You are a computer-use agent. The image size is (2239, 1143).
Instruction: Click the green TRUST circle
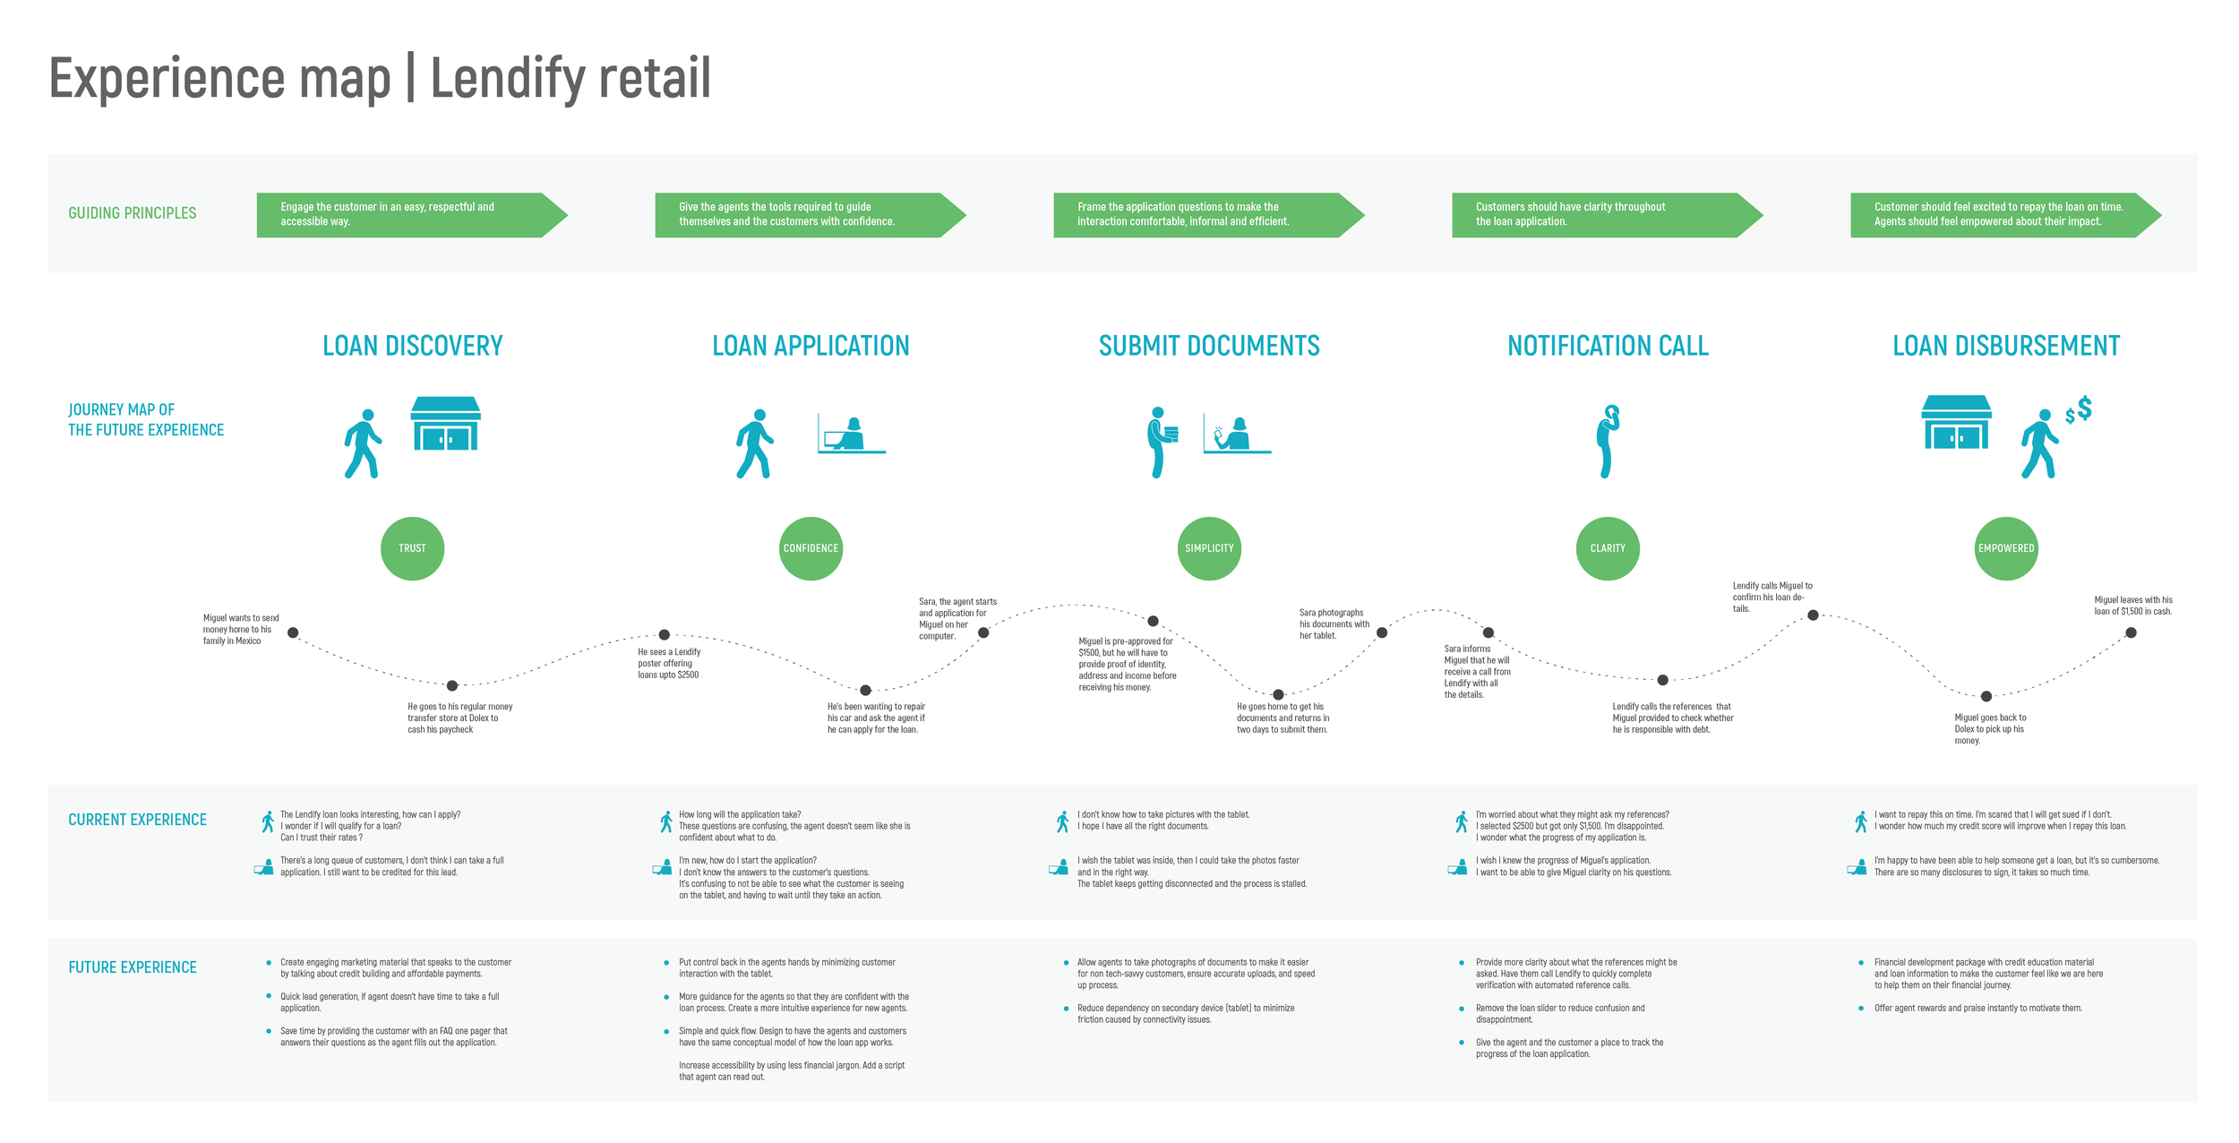coord(412,548)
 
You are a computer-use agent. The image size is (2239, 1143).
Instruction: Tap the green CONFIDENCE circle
coord(811,548)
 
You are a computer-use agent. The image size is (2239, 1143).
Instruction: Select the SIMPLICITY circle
coord(1209,548)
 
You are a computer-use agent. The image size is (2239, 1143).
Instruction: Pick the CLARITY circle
coord(1608,548)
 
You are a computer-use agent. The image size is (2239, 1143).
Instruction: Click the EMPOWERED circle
coord(2006,548)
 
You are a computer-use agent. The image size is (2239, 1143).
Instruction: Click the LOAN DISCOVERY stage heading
coord(412,346)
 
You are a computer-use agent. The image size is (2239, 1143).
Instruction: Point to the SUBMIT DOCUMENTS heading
coord(1209,346)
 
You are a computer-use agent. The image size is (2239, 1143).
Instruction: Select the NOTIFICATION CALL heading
coord(1608,346)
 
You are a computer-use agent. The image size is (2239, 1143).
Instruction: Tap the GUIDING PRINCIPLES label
coord(133,213)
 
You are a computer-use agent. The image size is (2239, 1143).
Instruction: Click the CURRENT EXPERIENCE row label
coord(137,820)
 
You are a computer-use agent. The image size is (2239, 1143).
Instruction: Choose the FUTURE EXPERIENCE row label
coord(133,967)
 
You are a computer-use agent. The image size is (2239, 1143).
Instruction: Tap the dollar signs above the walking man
coord(2079,410)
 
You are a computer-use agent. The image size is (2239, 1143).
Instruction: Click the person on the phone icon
coord(1608,441)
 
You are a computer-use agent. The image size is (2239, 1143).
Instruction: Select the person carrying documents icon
coord(1162,441)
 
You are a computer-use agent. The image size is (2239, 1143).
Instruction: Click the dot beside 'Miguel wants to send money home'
coord(293,632)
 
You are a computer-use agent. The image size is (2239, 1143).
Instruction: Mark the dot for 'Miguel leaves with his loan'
coord(2131,632)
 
